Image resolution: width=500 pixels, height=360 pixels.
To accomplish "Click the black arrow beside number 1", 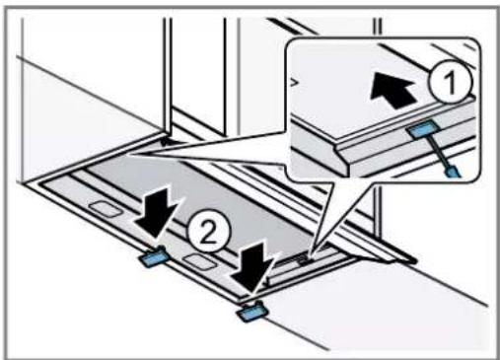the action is tap(393, 90).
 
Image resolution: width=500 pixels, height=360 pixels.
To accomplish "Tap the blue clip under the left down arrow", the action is tap(154, 257).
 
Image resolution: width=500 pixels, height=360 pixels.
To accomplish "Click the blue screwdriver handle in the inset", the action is tap(454, 171).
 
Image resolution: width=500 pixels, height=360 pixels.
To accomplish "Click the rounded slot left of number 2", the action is tap(106, 209).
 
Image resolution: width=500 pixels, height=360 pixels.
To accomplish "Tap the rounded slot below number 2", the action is tap(200, 261).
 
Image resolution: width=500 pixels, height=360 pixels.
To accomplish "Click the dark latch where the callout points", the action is tap(301, 259).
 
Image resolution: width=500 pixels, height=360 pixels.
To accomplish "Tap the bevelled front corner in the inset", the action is tap(348, 167).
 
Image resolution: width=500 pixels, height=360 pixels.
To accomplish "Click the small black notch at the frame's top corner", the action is tap(167, 142).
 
